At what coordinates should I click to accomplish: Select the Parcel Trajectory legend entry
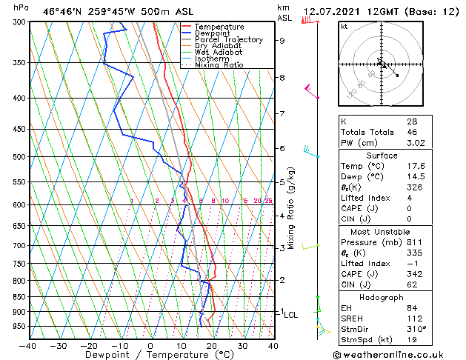228,40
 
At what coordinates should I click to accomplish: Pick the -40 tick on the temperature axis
29,345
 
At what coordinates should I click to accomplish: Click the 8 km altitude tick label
282,77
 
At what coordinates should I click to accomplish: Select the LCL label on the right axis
291,314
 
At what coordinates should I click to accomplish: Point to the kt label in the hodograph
344,26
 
